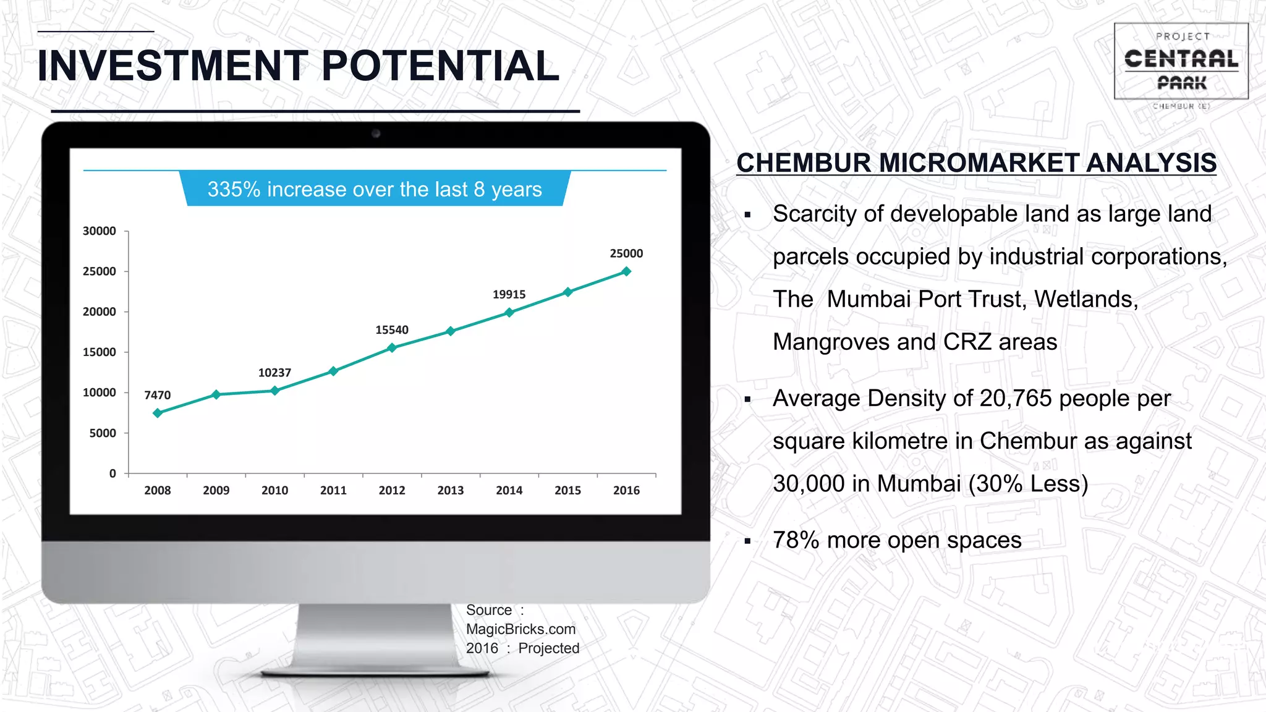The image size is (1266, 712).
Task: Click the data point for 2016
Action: tap(626, 271)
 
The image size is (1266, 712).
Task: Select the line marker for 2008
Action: tap(158, 413)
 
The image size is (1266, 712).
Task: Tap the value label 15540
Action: tap(392, 330)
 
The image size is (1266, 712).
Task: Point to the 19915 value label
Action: tap(509, 295)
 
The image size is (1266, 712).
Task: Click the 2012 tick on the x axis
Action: tap(392, 490)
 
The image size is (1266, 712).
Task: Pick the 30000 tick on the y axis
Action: tap(100, 231)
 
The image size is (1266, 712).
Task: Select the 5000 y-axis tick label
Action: tap(103, 433)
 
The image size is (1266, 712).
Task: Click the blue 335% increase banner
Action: tap(375, 189)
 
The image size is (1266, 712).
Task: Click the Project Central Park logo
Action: tap(1181, 62)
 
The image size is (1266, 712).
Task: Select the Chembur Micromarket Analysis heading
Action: tap(976, 163)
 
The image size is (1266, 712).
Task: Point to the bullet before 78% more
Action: tap(748, 541)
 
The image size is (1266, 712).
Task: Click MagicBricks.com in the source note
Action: tap(520, 629)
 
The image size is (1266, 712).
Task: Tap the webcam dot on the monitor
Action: tap(376, 133)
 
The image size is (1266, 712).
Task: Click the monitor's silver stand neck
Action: tap(376, 637)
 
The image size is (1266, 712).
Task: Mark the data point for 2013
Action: tap(451, 331)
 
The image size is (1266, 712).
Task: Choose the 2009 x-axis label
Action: tap(216, 490)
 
